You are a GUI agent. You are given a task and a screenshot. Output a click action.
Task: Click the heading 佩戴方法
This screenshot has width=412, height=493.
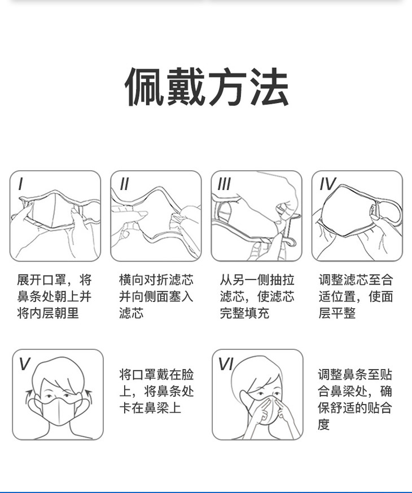coord(207,86)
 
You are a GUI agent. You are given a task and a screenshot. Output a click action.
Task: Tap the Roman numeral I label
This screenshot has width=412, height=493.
coord(21,184)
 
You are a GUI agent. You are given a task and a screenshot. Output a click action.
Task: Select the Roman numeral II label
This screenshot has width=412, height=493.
coord(124,184)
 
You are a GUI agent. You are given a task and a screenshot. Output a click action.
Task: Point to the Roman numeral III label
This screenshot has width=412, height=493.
coord(224,184)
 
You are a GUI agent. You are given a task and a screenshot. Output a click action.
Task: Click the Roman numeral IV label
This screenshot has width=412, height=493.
coord(327,184)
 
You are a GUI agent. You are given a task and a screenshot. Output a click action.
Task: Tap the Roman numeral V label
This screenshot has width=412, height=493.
coord(24,364)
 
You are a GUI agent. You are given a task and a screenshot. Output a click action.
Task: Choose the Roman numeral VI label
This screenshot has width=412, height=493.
coord(226,364)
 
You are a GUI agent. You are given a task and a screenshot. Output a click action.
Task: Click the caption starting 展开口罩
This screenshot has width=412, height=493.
coord(54,296)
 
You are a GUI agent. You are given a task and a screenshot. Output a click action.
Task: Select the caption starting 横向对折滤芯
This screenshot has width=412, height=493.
coord(156,296)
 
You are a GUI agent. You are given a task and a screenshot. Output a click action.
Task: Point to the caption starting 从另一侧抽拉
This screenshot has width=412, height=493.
coord(257,296)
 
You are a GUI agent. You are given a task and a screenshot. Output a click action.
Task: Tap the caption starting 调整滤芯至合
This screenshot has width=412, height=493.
coord(356,296)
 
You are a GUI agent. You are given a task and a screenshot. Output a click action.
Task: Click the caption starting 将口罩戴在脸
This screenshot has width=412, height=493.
coord(156,391)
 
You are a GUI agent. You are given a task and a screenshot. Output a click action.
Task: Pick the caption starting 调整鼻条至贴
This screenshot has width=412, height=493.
coord(355,399)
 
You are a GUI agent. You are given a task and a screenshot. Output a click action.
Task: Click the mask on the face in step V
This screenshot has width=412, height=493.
coord(59,410)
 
